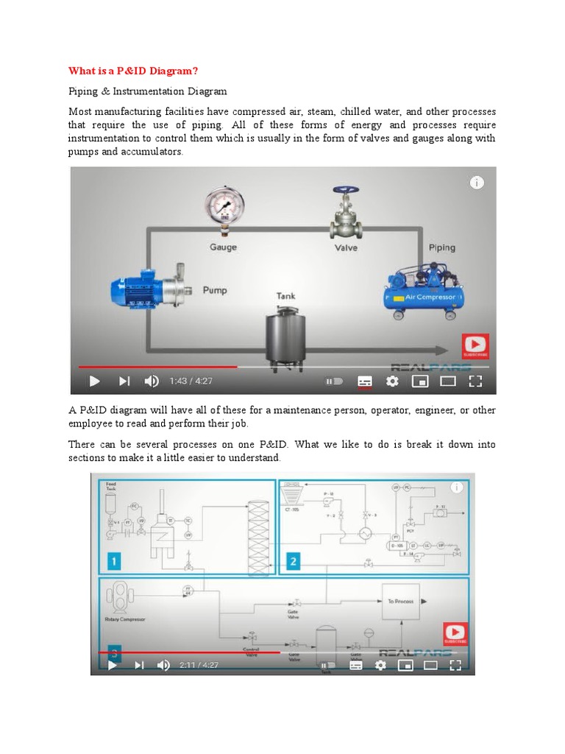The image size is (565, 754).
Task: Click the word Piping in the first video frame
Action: (x=441, y=248)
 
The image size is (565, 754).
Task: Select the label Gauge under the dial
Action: (x=223, y=247)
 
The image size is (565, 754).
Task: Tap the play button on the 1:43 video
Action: (x=94, y=381)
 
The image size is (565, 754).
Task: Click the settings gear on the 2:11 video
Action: (x=380, y=665)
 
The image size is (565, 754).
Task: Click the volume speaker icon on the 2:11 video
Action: (x=163, y=665)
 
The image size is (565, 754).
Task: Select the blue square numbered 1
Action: (x=115, y=562)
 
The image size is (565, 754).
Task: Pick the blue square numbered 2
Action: (x=294, y=562)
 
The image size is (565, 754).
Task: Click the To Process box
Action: (x=400, y=601)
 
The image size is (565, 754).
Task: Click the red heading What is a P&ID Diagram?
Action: (x=134, y=71)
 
